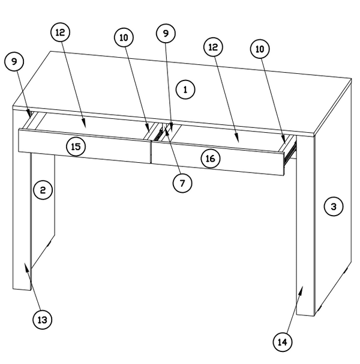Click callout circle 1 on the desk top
(186, 90)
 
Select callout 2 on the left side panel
(43, 190)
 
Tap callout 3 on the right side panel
(334, 207)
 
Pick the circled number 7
(182, 182)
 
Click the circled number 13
(42, 320)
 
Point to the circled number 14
(283, 342)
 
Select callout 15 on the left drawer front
(76, 146)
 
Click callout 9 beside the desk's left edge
(14, 61)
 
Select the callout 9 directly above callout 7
(166, 34)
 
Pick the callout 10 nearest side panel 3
(260, 49)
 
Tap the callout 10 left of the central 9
(124, 37)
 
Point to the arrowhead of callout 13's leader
(25, 265)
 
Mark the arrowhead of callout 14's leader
(302, 288)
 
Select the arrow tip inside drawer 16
(238, 141)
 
